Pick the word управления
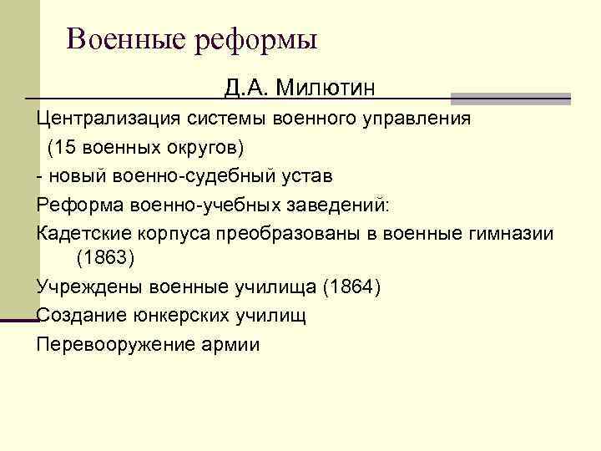coord(418,119)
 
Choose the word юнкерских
coord(175,316)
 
